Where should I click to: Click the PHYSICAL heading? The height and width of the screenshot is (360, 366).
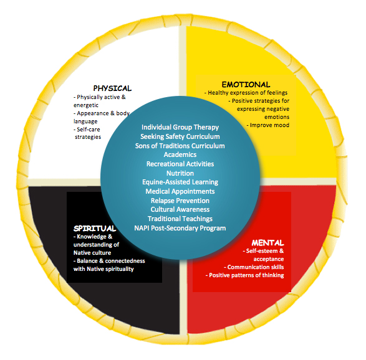112,88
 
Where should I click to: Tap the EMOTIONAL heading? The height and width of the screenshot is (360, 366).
246,85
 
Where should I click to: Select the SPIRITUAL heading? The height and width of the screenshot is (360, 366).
95,228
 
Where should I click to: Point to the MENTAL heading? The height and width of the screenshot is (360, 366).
267,243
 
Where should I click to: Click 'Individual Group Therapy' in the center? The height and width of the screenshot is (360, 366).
180,127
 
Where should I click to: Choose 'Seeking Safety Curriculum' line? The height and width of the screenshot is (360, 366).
180,136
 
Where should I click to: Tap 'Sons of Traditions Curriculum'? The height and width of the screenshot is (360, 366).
180,146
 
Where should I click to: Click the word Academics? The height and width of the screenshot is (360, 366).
180,154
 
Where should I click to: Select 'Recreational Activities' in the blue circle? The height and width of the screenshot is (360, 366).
180,164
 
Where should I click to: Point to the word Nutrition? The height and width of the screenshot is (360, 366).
180,173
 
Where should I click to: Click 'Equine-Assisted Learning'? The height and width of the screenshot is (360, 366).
180,182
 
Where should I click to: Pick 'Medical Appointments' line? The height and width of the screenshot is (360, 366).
180,191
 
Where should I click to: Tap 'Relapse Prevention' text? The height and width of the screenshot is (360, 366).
180,201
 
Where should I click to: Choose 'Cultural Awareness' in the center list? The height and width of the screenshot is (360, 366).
180,209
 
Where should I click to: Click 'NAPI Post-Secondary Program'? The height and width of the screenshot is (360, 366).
180,228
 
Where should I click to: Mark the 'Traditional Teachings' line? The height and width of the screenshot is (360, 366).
180,219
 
